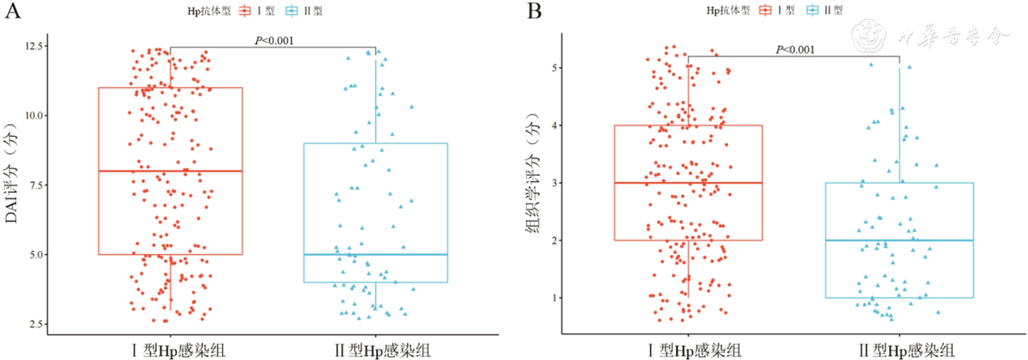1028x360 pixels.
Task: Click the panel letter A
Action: click(x=12, y=11)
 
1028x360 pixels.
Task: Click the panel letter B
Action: click(x=534, y=11)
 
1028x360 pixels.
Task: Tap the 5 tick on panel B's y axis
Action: click(x=554, y=68)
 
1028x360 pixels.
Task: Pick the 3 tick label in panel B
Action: click(x=554, y=183)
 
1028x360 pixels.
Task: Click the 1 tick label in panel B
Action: click(x=554, y=298)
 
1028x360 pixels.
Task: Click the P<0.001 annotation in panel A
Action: click(x=274, y=41)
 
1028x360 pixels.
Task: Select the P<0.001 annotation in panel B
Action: click(x=795, y=50)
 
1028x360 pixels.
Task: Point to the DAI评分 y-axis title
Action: click(x=12, y=172)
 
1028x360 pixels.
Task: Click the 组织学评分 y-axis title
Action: click(x=533, y=172)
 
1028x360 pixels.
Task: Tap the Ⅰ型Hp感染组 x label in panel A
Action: click(x=179, y=351)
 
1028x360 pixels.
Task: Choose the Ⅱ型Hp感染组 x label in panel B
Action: click(x=906, y=351)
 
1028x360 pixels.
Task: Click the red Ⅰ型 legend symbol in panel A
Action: click(x=245, y=11)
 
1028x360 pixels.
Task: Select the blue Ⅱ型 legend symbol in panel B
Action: click(x=812, y=11)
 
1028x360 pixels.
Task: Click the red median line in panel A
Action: click(x=170, y=171)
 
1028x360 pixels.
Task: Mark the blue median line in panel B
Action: click(x=899, y=240)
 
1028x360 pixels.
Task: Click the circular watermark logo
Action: click(x=868, y=36)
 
